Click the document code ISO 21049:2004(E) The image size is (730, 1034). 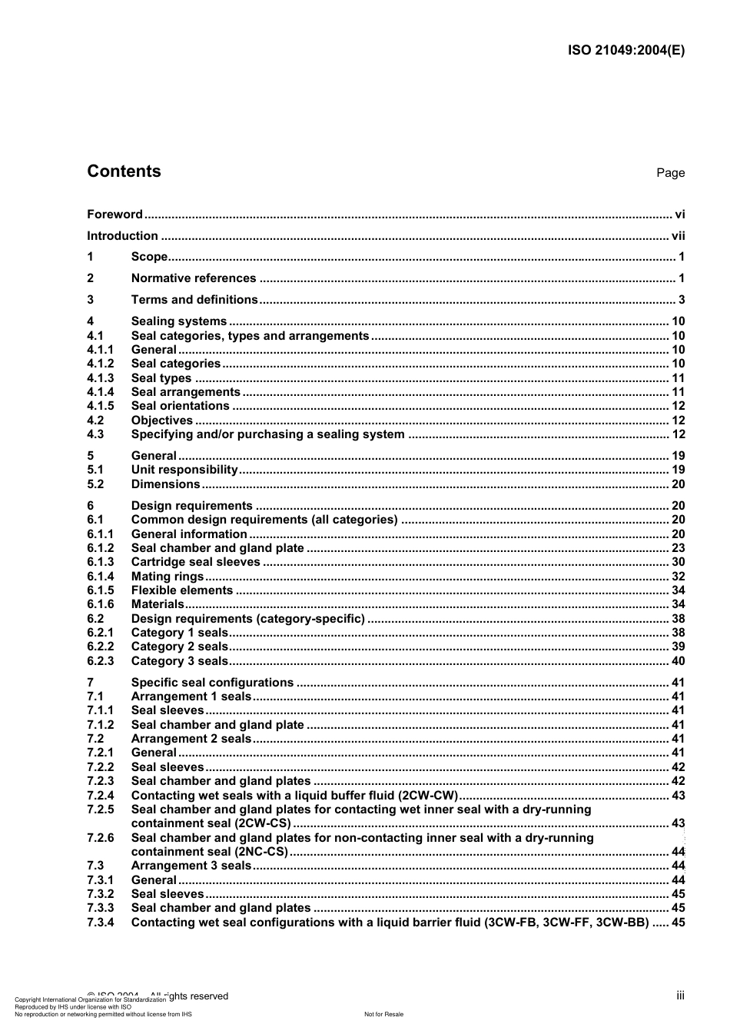pos(625,51)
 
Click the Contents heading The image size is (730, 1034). pos(124,171)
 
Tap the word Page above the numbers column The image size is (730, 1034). pos(670,173)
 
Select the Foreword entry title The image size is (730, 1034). pos(114,214)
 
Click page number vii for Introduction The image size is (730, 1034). pos(678,236)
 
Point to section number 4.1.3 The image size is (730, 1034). pos(100,378)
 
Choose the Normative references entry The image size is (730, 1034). pos(194,278)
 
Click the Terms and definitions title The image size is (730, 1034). pos(194,300)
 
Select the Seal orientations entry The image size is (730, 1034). pos(181,406)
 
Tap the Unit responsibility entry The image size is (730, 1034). pos(184,470)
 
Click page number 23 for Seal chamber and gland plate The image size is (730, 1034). pos(678,548)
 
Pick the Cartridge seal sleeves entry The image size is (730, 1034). pos(196,562)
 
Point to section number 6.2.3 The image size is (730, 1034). pos(100,661)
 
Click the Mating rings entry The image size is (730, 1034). pos(168,577)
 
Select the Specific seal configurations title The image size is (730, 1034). pos(212,683)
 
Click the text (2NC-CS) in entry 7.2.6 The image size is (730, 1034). pos(263,852)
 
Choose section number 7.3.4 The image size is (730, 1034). pos(100,923)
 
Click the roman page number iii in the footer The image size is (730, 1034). pos(680,996)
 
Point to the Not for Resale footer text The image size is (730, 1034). pos(383,1014)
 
